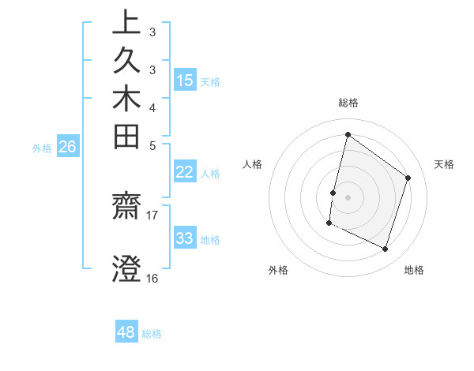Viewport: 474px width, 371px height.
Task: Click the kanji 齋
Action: [x=126, y=209]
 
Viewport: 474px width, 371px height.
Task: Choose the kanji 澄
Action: [x=126, y=268]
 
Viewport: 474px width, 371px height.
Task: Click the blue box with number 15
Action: [x=185, y=80]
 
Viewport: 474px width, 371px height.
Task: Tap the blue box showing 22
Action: [x=185, y=173]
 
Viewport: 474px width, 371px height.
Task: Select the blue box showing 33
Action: [x=185, y=238]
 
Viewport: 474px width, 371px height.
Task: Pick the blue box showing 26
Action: [x=67, y=146]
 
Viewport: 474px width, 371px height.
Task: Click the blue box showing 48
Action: [x=126, y=332]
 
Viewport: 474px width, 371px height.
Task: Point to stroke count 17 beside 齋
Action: [x=152, y=214]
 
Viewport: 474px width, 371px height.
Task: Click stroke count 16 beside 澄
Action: [x=152, y=278]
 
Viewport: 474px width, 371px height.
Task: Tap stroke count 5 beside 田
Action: [x=152, y=145]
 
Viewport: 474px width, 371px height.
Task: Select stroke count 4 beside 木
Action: [x=152, y=107]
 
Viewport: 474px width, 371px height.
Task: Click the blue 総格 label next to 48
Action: [x=152, y=334]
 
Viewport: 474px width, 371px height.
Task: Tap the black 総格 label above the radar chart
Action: [x=348, y=103]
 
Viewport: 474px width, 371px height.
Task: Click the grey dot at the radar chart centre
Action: [x=348, y=197]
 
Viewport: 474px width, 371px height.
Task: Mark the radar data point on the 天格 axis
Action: [x=408, y=178]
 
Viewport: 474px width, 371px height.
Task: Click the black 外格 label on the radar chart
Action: [x=278, y=270]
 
